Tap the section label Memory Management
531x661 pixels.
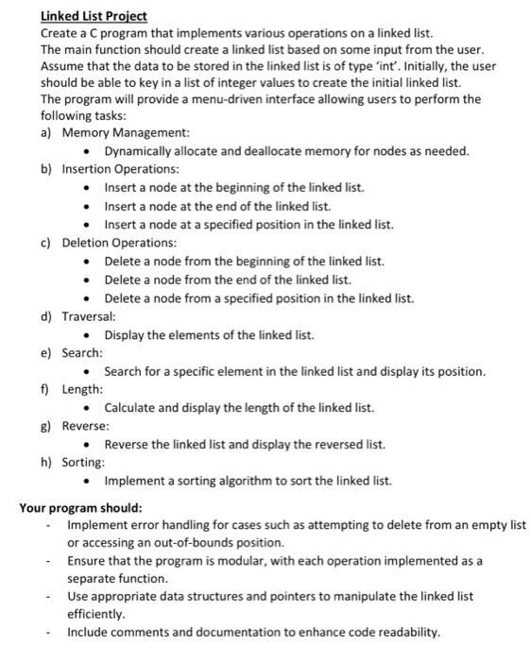(x=126, y=133)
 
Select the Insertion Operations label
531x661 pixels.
(x=120, y=169)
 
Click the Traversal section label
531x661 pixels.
(x=89, y=316)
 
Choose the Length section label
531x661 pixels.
(x=83, y=389)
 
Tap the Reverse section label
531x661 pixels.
(x=86, y=426)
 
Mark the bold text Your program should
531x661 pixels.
(x=81, y=507)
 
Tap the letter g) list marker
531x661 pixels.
(x=46, y=426)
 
